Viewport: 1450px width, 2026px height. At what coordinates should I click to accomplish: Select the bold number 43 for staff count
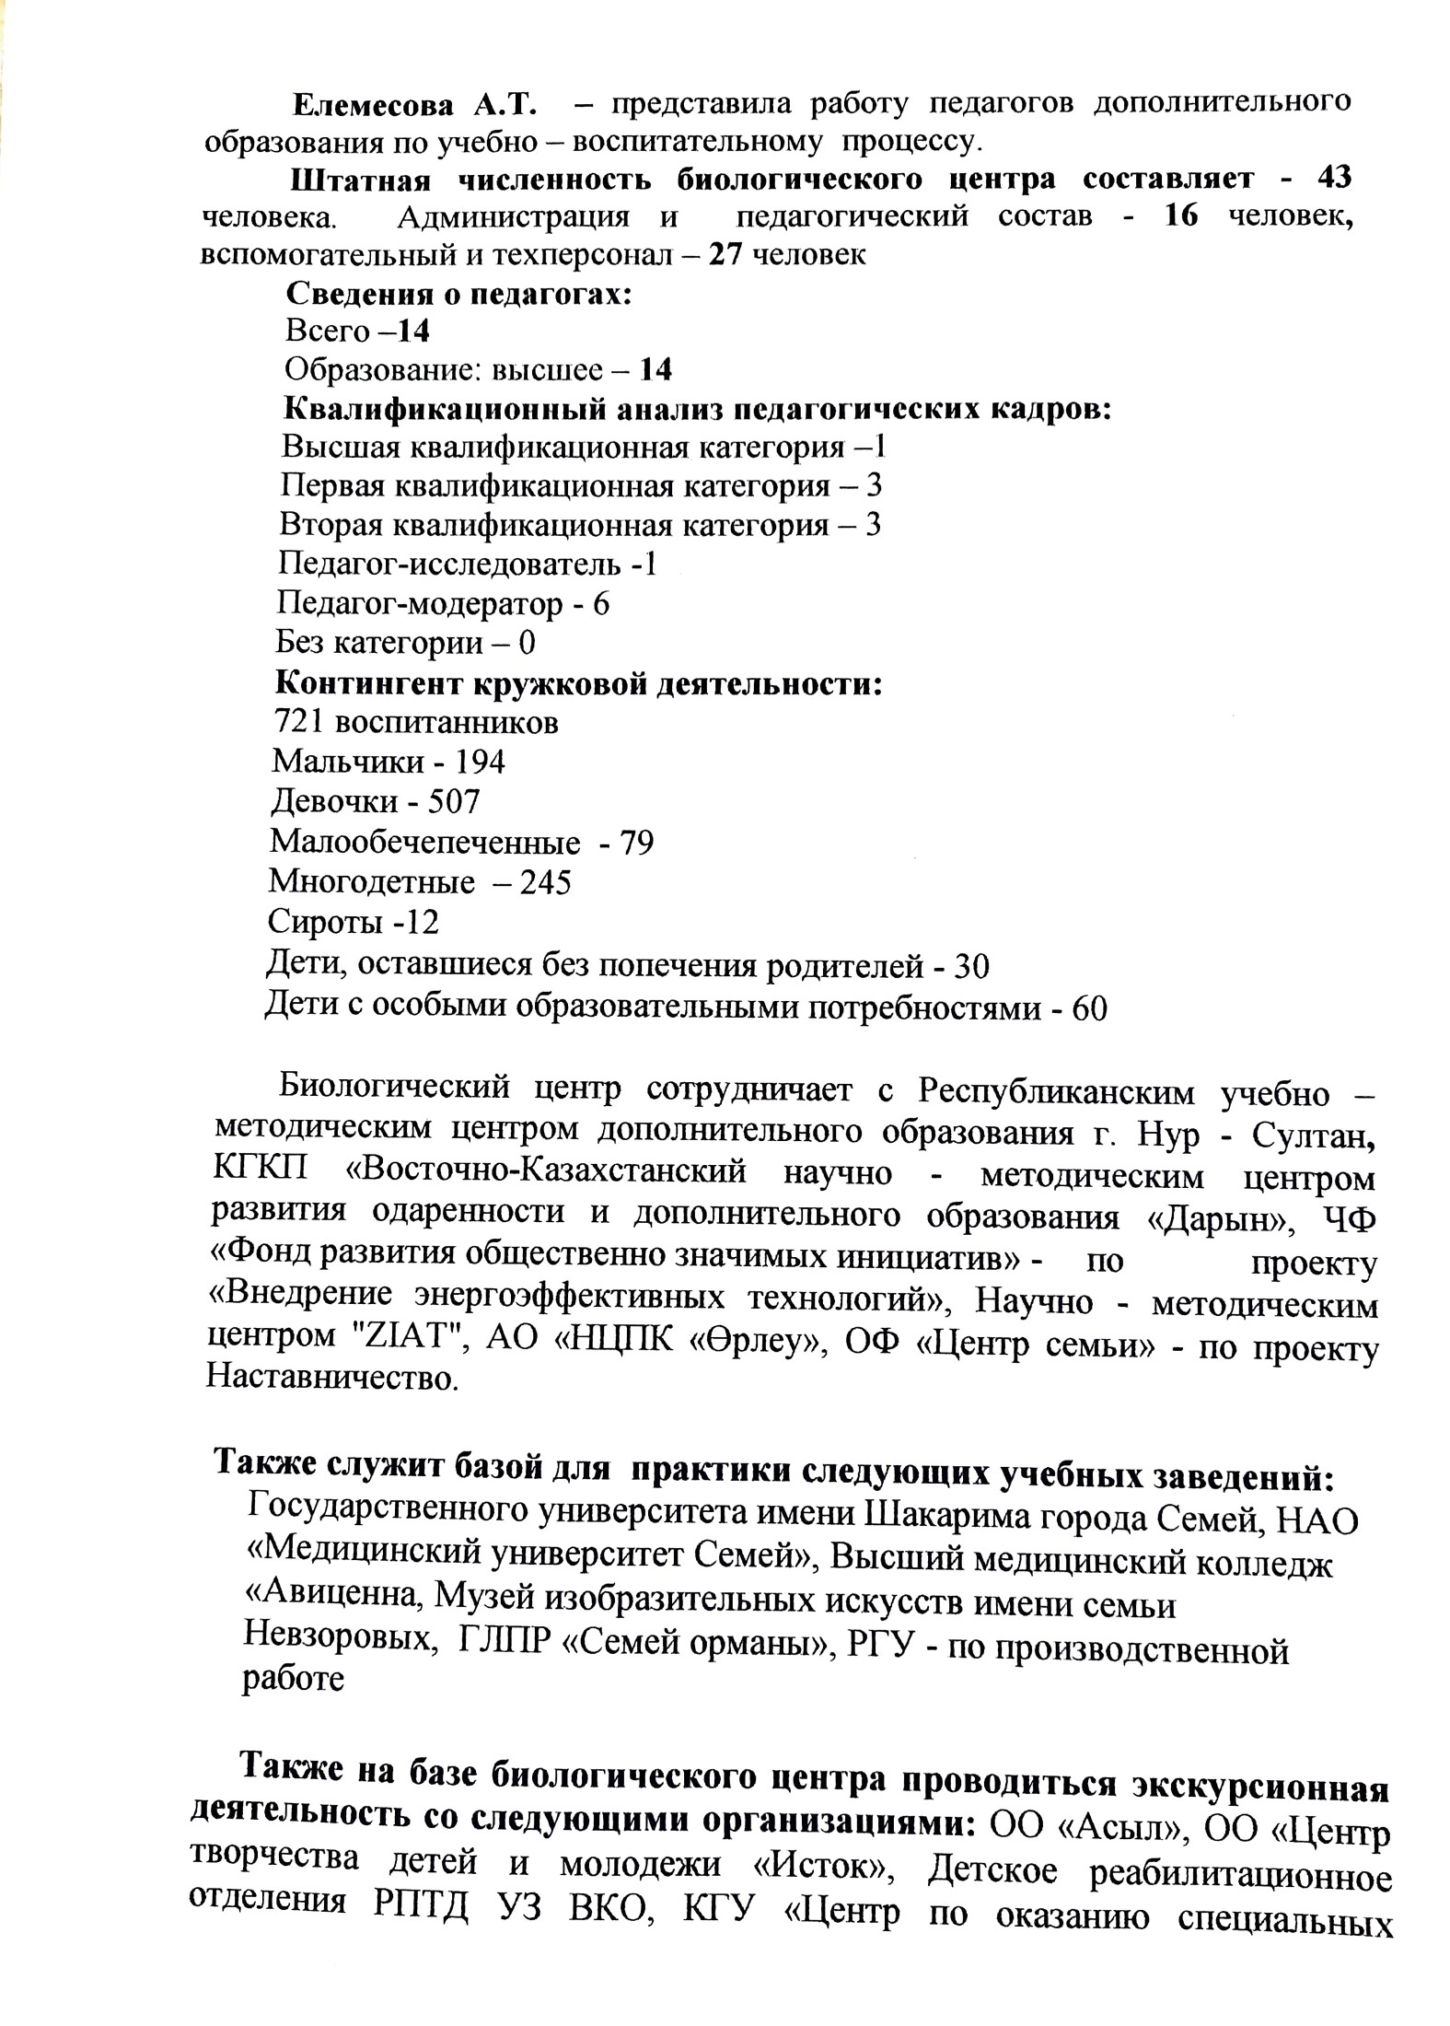pyautogui.click(x=1334, y=177)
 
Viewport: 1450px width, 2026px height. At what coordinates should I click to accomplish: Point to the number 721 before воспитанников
pyautogui.click(x=296, y=721)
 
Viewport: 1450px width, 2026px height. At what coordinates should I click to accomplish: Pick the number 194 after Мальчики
pyautogui.click(x=481, y=762)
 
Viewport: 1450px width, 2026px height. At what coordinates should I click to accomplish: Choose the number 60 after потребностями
pyautogui.click(x=1089, y=1008)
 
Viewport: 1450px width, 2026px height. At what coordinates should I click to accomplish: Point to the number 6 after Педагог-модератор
pyautogui.click(x=601, y=604)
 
